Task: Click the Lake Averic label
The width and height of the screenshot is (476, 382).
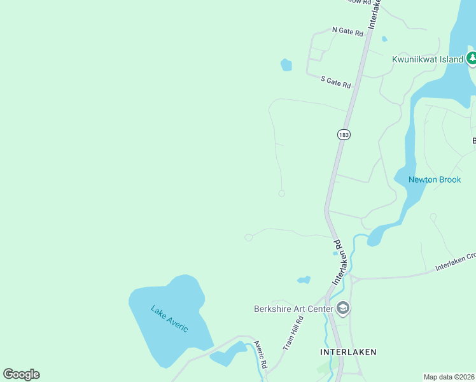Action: click(x=169, y=318)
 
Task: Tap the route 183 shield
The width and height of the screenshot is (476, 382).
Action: click(x=344, y=135)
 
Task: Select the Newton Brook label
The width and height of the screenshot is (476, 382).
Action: click(x=435, y=180)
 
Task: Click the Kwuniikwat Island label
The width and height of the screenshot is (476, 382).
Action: click(x=426, y=60)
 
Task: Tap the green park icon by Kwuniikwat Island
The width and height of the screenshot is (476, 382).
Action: click(x=472, y=59)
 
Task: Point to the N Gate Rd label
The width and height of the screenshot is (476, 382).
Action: click(x=347, y=31)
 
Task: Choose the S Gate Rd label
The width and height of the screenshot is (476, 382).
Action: click(x=335, y=82)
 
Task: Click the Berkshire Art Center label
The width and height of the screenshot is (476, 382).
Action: click(x=294, y=309)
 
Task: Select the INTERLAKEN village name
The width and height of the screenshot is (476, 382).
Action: click(x=348, y=351)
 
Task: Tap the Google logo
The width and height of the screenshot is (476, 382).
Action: click(x=21, y=374)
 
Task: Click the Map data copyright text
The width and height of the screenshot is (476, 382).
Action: click(x=449, y=377)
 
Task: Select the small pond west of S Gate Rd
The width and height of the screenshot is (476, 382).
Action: click(x=286, y=65)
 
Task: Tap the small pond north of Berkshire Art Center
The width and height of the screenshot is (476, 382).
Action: click(x=304, y=279)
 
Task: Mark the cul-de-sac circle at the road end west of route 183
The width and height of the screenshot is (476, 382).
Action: click(x=281, y=194)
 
